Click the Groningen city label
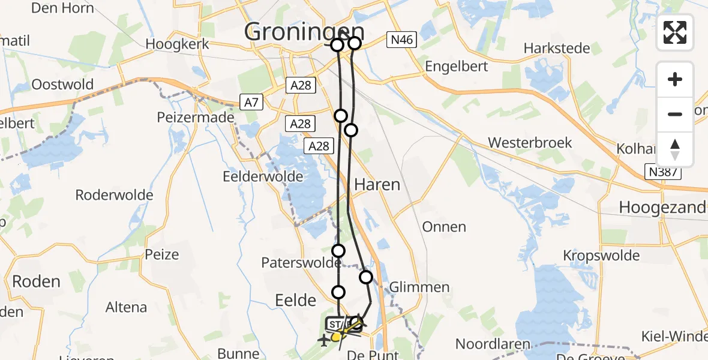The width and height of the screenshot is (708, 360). coord(304,32)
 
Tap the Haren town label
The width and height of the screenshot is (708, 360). coord(377,185)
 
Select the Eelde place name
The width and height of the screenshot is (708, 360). coord(295,299)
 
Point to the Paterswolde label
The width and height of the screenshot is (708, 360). coord(301,263)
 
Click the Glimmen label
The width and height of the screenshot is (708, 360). coord(419,287)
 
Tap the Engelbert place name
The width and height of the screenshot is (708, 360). coord(456,67)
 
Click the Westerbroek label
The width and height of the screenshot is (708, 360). coord(530,143)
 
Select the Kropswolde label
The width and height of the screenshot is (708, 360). coord(601,256)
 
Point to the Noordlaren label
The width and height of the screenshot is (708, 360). coord(493,344)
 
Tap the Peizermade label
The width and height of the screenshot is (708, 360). coord(195,118)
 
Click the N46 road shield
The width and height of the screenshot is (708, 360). coord(401,40)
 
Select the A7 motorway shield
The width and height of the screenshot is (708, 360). coord(251,102)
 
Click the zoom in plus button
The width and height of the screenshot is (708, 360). coord(675,79)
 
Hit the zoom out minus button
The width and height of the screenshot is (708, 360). coord(675,114)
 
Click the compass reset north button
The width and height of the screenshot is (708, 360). coord(675,149)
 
